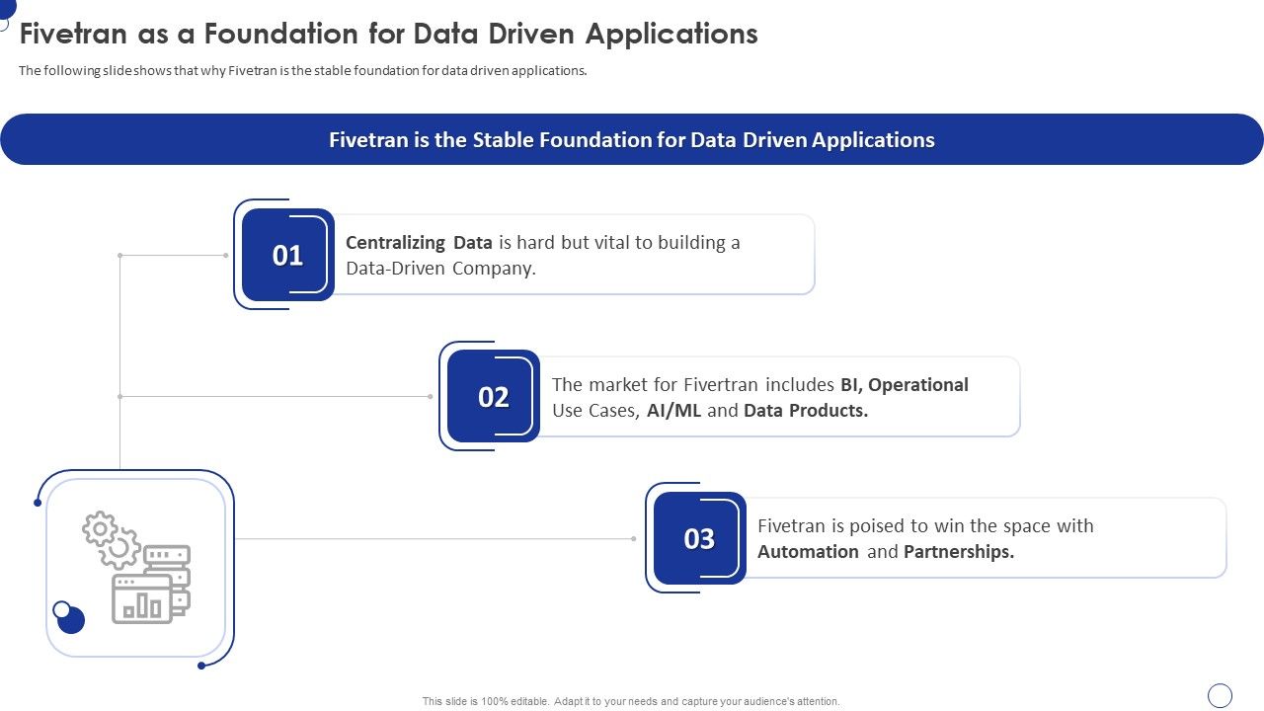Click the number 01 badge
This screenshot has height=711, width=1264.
pyautogui.click(x=287, y=255)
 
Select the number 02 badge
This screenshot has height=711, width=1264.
pyautogui.click(x=493, y=397)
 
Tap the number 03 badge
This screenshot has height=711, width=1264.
pyautogui.click(x=699, y=538)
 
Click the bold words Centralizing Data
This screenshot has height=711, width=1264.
pyautogui.click(x=419, y=243)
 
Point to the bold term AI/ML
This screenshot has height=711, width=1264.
pyautogui.click(x=674, y=411)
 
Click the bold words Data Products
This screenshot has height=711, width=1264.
pyautogui.click(x=806, y=411)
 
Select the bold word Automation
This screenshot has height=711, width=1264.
pyautogui.click(x=808, y=552)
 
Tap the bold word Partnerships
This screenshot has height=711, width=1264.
pyautogui.click(x=959, y=552)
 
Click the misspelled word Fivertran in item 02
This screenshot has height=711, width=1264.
pyautogui.click(x=719, y=385)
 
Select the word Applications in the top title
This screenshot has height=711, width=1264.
pyautogui.click(x=671, y=34)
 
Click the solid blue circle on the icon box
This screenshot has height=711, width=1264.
pyautogui.click(x=70, y=619)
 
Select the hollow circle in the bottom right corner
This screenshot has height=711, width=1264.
pyautogui.click(x=1221, y=695)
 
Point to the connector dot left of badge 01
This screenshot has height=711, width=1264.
pyautogui.click(x=225, y=256)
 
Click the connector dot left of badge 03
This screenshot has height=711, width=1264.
pyautogui.click(x=633, y=539)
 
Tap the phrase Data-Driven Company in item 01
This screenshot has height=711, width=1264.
pyautogui.click(x=440, y=269)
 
